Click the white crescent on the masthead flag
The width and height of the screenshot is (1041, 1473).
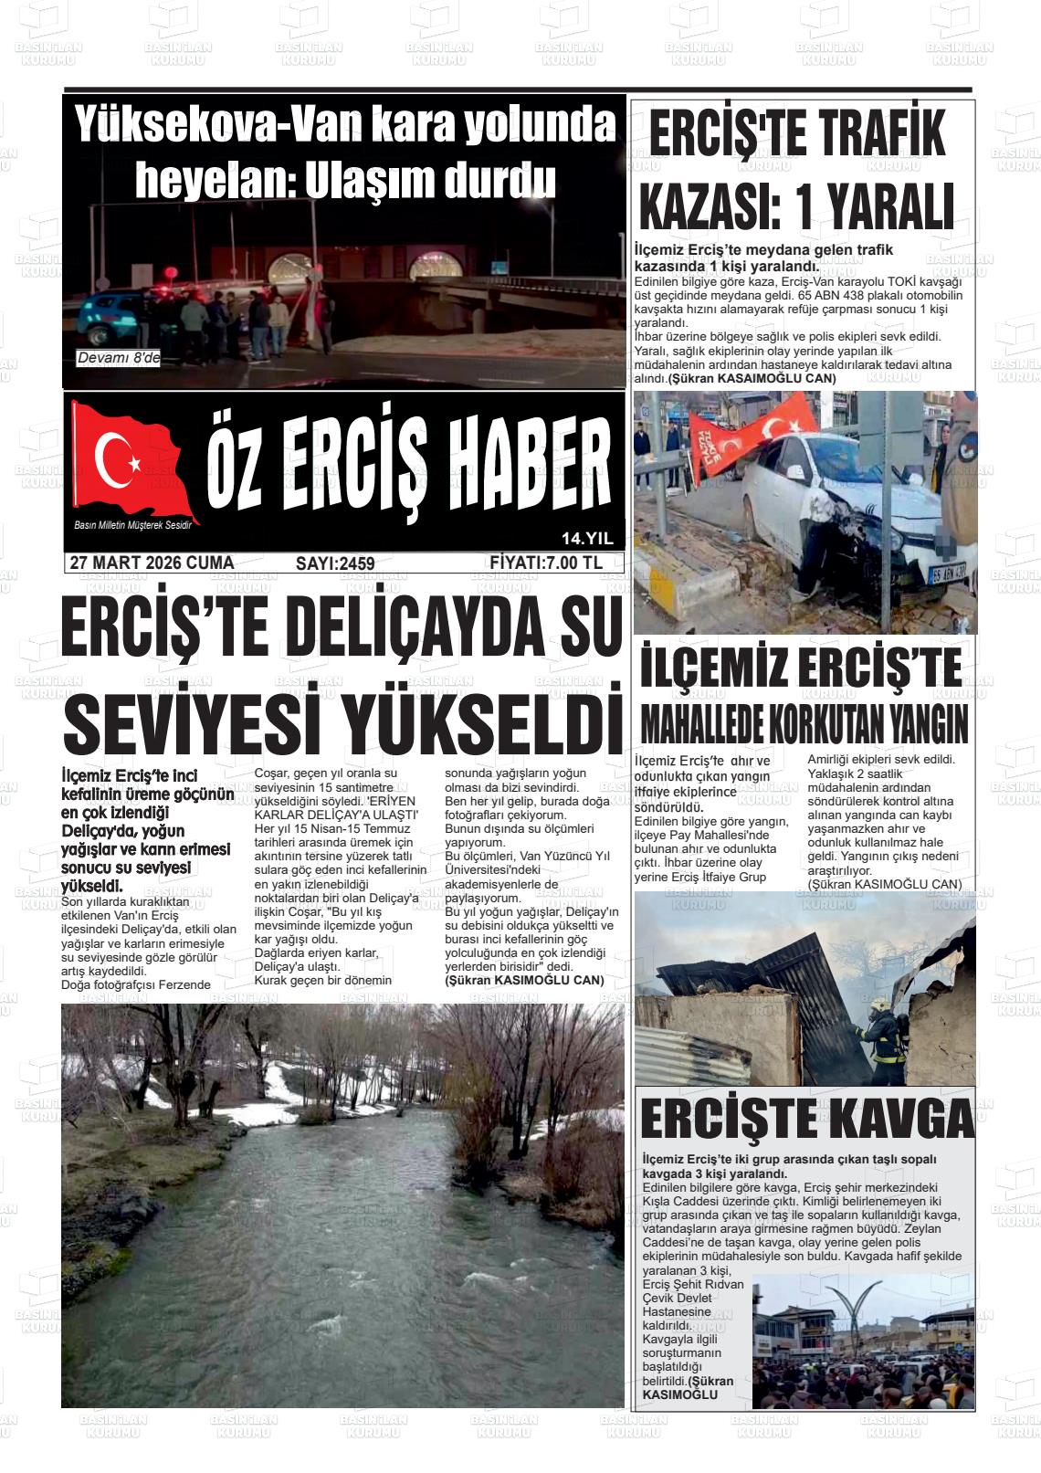point(115,455)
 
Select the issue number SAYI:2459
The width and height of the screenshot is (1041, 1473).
point(335,564)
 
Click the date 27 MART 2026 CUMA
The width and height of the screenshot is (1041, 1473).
point(152,563)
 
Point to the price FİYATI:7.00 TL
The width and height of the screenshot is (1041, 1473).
point(545,563)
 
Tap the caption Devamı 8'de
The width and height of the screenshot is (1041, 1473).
point(119,359)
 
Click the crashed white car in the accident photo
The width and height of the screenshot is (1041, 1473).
point(822,511)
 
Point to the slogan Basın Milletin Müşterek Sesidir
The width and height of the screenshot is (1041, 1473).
point(137,524)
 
